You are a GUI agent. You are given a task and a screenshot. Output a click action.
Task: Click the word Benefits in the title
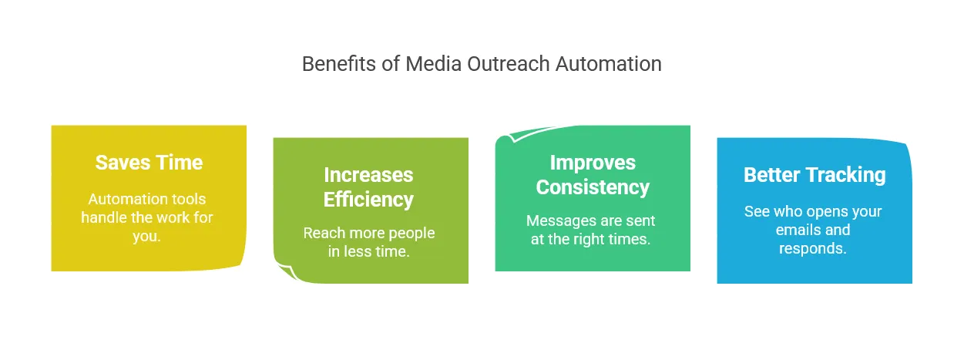[338, 64]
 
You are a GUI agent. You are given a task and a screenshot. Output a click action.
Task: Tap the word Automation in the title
[609, 64]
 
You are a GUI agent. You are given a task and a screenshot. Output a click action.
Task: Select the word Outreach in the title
[509, 64]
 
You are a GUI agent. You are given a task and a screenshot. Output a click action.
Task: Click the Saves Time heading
[149, 163]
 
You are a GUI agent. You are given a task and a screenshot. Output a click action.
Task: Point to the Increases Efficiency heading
[369, 187]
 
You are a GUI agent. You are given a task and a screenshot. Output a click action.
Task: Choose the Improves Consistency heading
[593, 175]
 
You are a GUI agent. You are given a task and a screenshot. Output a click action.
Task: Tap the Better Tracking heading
[815, 175]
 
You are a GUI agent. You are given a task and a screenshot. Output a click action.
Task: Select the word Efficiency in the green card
[369, 200]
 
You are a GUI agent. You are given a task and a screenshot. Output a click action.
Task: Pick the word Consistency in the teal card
[593, 187]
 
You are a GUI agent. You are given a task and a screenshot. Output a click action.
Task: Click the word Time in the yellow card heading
[180, 163]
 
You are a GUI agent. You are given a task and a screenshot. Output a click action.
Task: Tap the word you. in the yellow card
[146, 237]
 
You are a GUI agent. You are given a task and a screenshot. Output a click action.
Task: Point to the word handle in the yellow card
[104, 217]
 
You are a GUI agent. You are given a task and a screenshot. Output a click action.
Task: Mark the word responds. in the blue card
[813, 248]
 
